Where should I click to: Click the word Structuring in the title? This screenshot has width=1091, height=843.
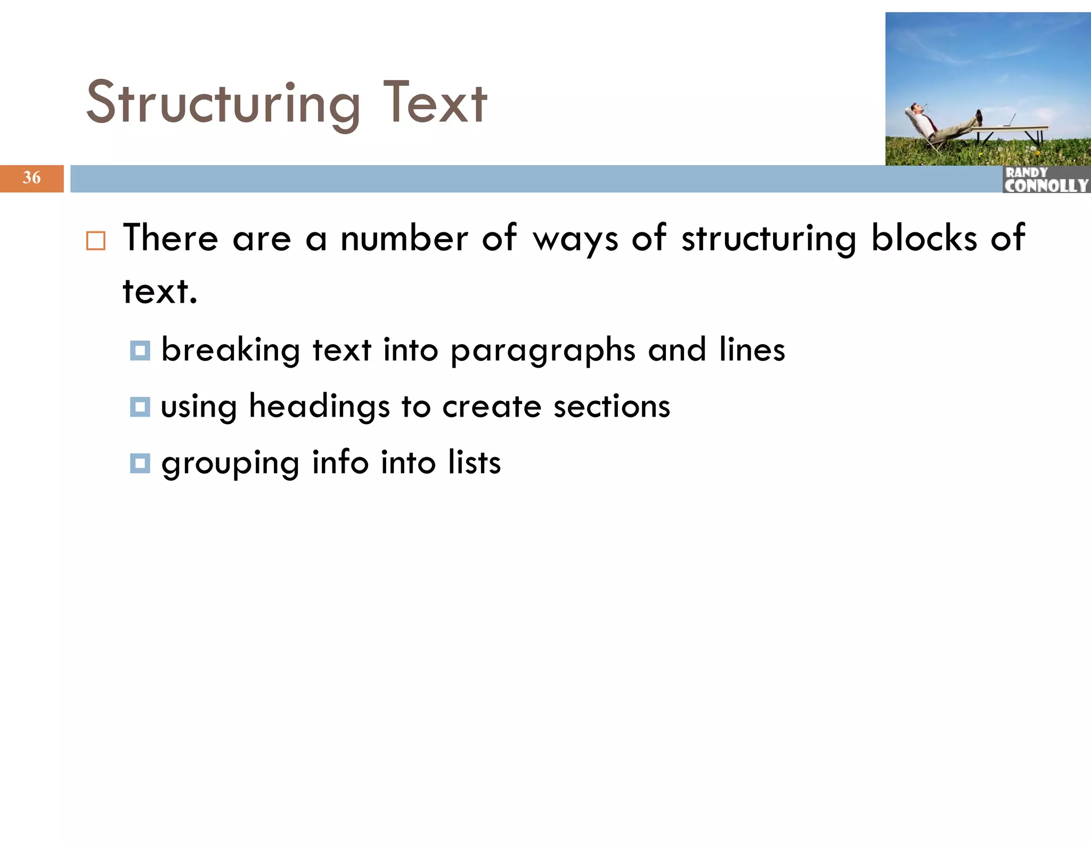[223, 103]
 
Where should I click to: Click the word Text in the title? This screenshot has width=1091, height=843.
[434, 102]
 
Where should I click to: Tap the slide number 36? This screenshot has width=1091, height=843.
[31, 177]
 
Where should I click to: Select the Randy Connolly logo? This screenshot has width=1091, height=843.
[1046, 180]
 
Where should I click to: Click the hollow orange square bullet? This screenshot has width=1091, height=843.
[96, 241]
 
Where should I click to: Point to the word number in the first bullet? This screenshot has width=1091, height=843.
[404, 238]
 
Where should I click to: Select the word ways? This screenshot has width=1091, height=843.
[576, 239]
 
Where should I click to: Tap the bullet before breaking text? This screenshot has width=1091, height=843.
[140, 351]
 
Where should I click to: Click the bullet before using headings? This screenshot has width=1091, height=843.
[140, 407]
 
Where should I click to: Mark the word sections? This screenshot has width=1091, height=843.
[612, 407]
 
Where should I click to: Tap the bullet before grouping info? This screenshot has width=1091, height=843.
[140, 463]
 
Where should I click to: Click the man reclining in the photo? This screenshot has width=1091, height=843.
[938, 124]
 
